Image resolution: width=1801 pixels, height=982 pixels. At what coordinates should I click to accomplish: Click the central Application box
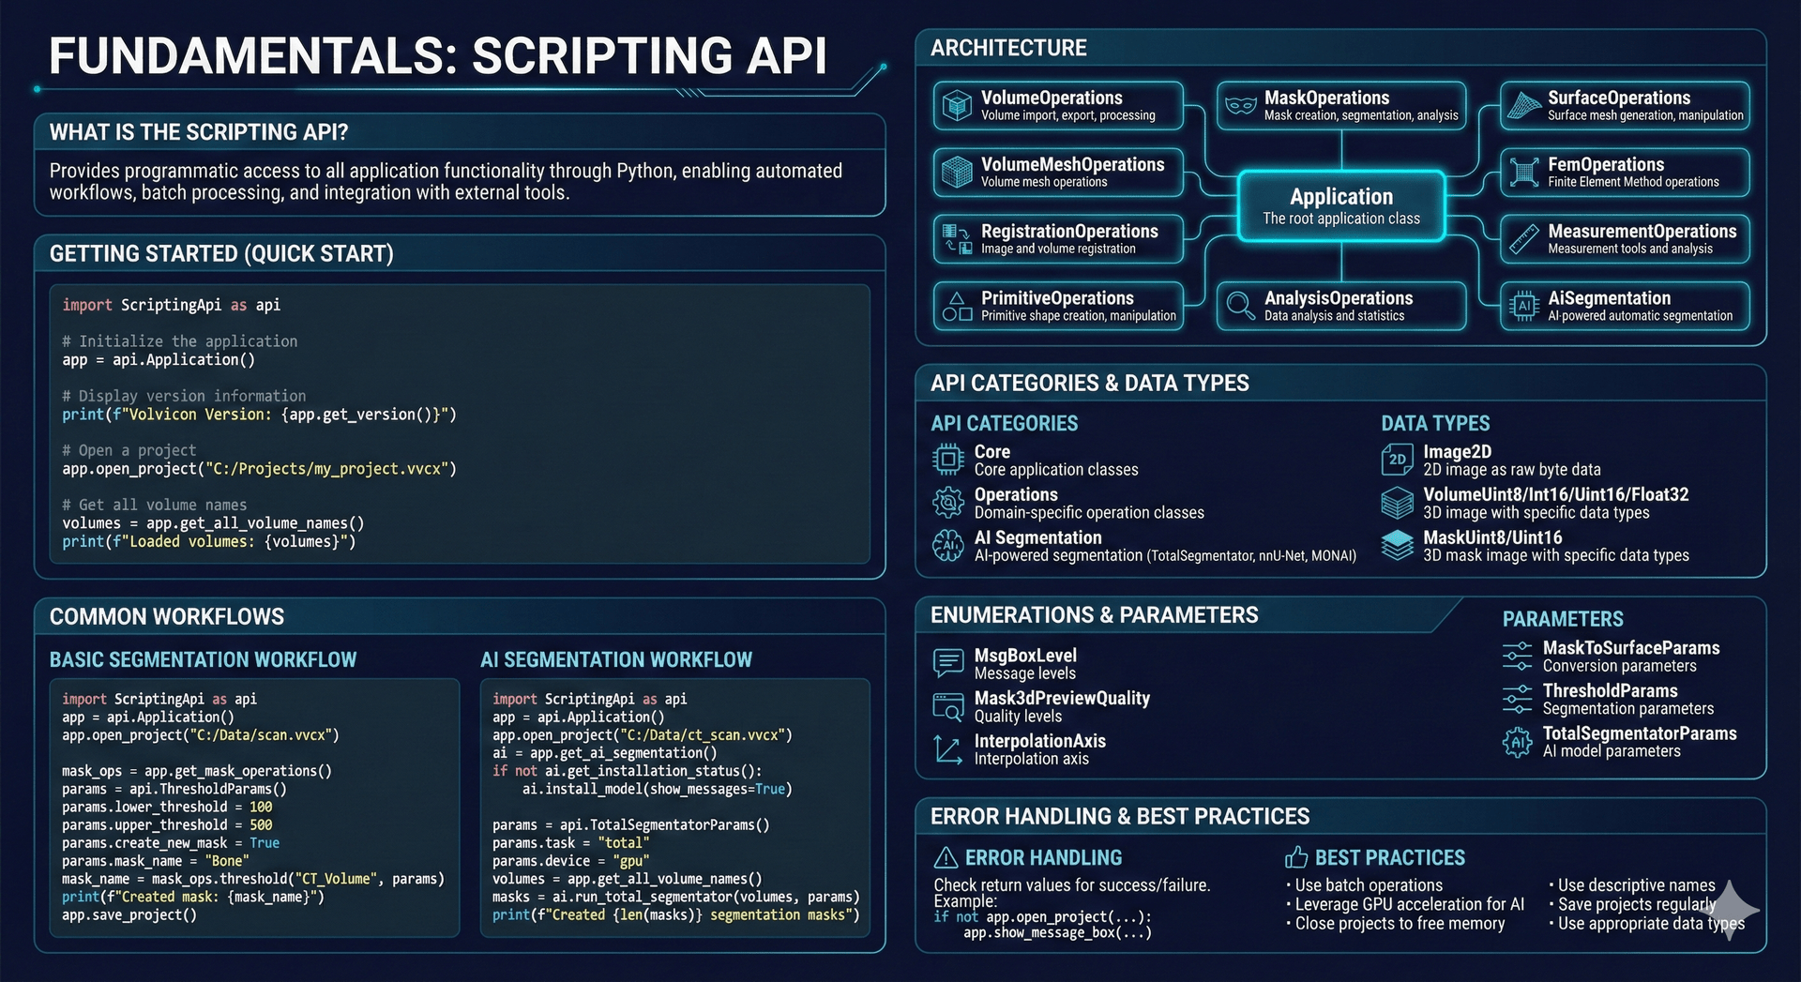[x=1341, y=206]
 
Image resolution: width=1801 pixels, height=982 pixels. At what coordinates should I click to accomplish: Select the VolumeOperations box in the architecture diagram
[x=1058, y=105]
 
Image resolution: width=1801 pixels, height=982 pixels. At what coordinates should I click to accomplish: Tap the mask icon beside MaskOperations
[x=1240, y=105]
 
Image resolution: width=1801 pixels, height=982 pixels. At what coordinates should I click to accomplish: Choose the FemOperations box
[x=1625, y=172]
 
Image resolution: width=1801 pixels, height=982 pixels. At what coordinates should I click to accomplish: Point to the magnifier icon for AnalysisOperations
[x=1240, y=306]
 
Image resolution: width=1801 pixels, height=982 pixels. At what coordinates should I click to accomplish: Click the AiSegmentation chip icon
[x=1523, y=306]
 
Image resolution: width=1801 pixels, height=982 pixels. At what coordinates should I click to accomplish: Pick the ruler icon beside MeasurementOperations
[x=1523, y=239]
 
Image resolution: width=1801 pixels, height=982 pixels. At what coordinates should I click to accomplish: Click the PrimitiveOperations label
[x=1057, y=298]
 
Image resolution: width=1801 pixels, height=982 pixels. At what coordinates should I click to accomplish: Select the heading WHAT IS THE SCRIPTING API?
[x=199, y=132]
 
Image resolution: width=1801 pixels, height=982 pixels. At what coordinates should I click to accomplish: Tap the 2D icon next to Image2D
[x=1397, y=460]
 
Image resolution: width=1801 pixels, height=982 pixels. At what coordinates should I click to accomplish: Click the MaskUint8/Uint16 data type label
[x=1492, y=537]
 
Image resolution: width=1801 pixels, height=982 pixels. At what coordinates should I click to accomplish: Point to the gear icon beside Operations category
[x=947, y=503]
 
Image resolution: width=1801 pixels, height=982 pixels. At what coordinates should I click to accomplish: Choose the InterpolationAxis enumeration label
[x=1039, y=741]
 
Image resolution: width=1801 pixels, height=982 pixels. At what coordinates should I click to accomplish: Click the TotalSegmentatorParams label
[x=1640, y=733]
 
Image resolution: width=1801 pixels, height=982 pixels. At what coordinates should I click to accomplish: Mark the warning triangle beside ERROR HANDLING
[x=946, y=857]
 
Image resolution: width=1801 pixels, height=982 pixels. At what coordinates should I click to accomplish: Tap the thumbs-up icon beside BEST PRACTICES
[x=1296, y=857]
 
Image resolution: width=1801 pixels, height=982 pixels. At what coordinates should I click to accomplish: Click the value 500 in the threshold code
[x=261, y=825]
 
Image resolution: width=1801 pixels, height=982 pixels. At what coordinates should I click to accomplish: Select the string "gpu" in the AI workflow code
[x=630, y=861]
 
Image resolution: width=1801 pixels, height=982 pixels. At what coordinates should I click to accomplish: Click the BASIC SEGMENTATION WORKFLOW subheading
[x=203, y=659]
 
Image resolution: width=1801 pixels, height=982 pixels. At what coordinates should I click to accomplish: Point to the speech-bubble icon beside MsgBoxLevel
[x=947, y=663]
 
